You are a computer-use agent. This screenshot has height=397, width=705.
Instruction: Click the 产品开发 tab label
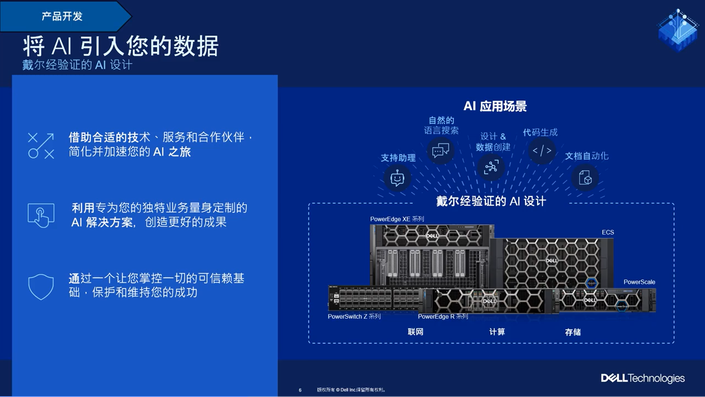tap(62, 17)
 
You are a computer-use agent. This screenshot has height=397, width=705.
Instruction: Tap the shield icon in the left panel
tap(41, 286)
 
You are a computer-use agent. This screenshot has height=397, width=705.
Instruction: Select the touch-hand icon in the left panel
tap(41, 215)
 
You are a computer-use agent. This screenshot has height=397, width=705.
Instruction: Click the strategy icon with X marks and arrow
tap(41, 146)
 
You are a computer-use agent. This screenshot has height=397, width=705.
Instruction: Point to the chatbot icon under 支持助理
tap(397, 179)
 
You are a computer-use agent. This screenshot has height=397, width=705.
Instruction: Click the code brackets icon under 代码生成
tap(542, 151)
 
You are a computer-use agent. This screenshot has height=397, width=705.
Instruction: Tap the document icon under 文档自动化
tap(585, 178)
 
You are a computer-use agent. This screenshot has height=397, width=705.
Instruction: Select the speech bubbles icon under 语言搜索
tap(441, 151)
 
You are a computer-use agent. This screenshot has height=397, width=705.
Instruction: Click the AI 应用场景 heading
tap(495, 106)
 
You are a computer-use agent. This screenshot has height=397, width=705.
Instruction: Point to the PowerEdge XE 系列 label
tap(397, 219)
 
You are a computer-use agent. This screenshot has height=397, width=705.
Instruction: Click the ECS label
tap(608, 232)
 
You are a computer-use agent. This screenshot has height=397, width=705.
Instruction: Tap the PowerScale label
tap(639, 282)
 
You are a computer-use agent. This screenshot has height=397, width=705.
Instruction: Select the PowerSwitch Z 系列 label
tap(354, 316)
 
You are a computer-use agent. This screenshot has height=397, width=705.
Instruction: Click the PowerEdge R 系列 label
tap(443, 316)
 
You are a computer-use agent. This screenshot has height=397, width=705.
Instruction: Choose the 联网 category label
tap(416, 332)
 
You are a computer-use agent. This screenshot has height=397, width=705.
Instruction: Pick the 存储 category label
tap(573, 332)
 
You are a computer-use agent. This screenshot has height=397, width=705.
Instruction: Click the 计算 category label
tap(497, 332)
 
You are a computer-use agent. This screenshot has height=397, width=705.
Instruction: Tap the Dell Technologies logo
tap(643, 378)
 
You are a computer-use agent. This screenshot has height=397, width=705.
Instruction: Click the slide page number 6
tap(300, 390)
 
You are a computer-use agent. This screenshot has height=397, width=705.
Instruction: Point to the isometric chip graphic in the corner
tap(678, 31)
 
